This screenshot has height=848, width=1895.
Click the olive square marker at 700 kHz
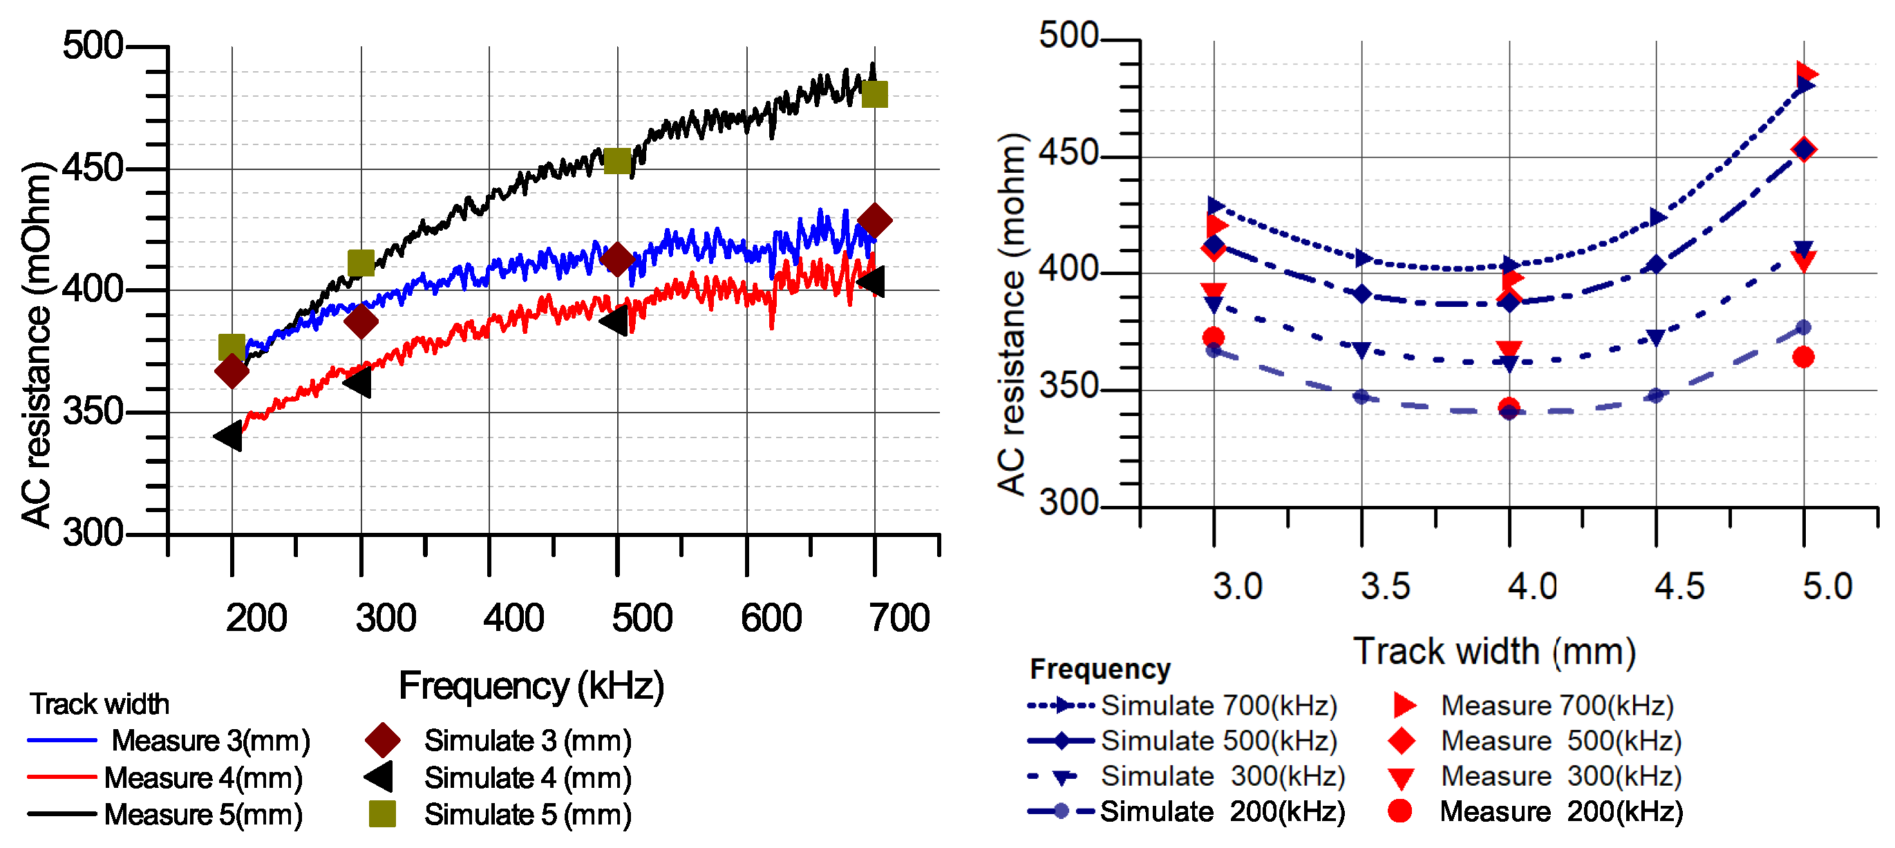pyautogui.click(x=874, y=94)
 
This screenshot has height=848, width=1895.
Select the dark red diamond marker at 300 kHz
pyautogui.click(x=361, y=321)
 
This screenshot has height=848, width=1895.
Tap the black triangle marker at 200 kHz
pyautogui.click(x=228, y=436)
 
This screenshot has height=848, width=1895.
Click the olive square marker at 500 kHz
pyautogui.click(x=617, y=161)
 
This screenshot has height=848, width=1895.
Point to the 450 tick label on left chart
pyautogui.click(x=92, y=169)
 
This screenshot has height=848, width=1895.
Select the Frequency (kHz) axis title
pyautogui.click(x=531, y=686)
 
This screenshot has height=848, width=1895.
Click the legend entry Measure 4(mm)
pyautogui.click(x=203, y=778)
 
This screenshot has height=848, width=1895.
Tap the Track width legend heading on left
pyautogui.click(x=100, y=704)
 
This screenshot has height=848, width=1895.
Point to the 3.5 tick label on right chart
pyautogui.click(x=1384, y=587)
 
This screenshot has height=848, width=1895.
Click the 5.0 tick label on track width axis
pyautogui.click(x=1827, y=587)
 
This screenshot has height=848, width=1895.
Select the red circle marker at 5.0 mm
pyautogui.click(x=1802, y=357)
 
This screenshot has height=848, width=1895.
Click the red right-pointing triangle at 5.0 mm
pyautogui.click(x=1805, y=73)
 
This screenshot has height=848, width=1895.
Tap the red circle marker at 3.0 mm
pyautogui.click(x=1213, y=337)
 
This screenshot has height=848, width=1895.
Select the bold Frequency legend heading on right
pyautogui.click(x=1099, y=669)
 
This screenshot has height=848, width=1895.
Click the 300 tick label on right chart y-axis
pyautogui.click(x=1068, y=504)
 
